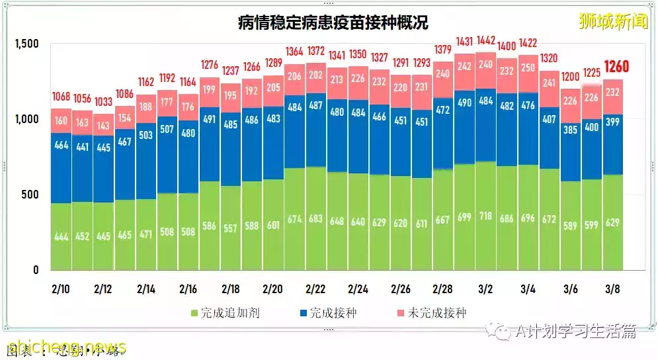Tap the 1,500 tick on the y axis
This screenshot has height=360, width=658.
26,44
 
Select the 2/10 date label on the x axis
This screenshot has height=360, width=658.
61,289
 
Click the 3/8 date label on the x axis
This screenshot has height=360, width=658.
612,289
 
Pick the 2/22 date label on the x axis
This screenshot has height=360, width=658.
315,289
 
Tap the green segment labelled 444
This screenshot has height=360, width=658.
61,236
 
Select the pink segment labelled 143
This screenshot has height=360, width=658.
103,126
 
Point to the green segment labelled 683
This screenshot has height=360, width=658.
315,218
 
